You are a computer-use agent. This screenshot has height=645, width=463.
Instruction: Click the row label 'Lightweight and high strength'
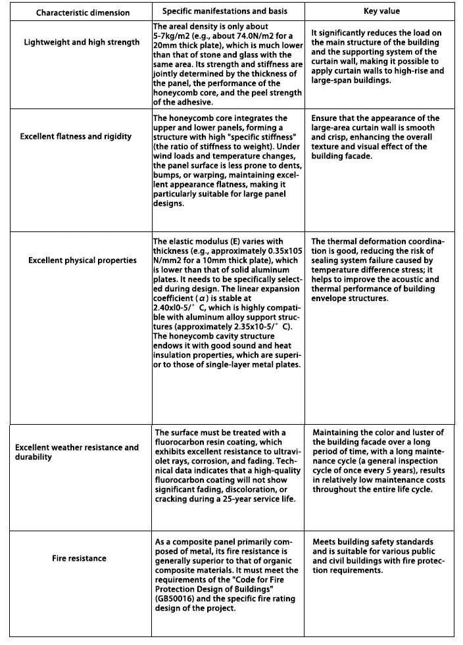pyautogui.click(x=82, y=42)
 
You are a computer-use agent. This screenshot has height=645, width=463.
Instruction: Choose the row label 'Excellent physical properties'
pyautogui.click(x=82, y=260)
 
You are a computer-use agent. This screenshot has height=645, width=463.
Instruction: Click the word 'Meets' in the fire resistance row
pyautogui.click(x=325, y=542)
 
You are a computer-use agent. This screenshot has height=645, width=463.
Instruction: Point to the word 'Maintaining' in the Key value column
pyautogui.click(x=337, y=432)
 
